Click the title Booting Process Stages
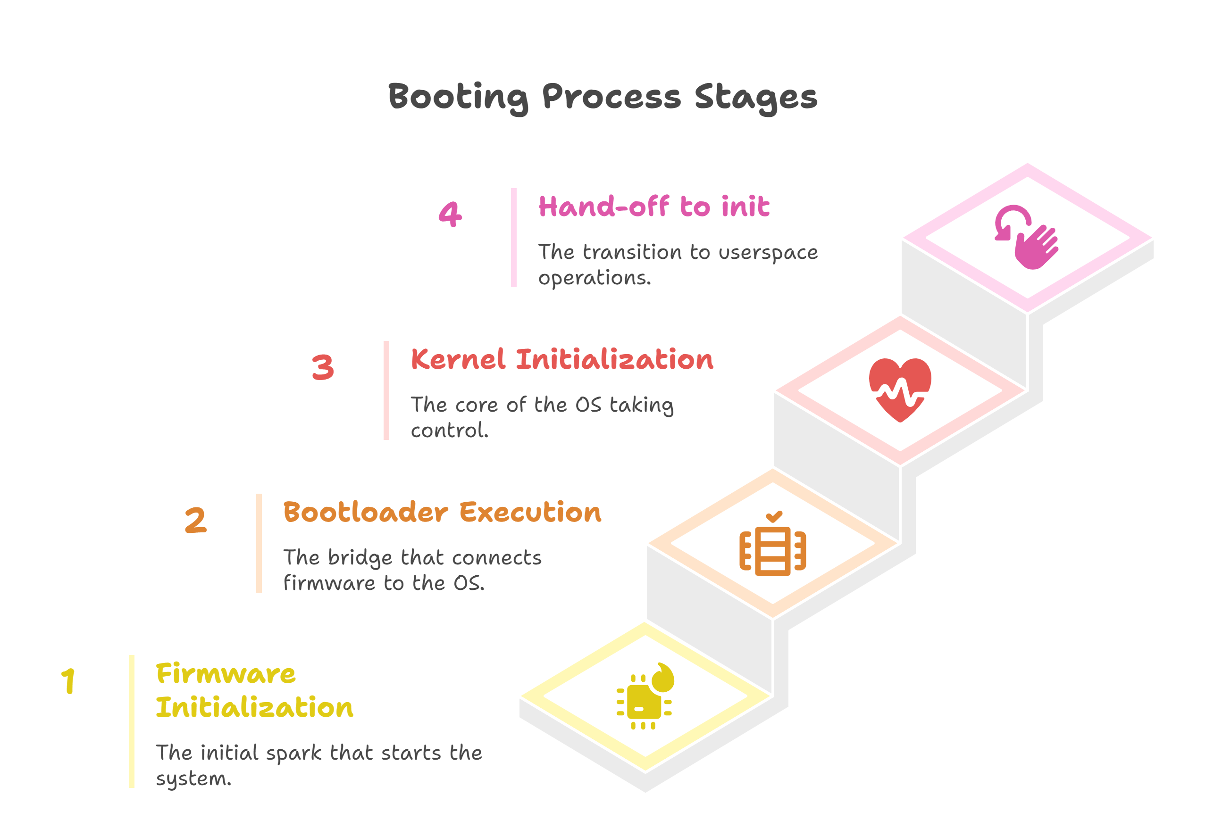(x=602, y=98)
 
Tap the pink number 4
(x=450, y=214)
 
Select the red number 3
(x=323, y=367)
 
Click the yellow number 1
(x=68, y=680)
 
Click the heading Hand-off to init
(x=654, y=207)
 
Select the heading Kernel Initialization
(x=562, y=359)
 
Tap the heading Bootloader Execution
(x=442, y=513)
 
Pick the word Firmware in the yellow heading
(x=226, y=674)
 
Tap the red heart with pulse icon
(x=900, y=389)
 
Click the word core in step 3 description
(x=477, y=405)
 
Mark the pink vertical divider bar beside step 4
(x=514, y=238)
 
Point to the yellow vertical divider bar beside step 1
(x=132, y=721)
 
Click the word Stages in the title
(x=755, y=98)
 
